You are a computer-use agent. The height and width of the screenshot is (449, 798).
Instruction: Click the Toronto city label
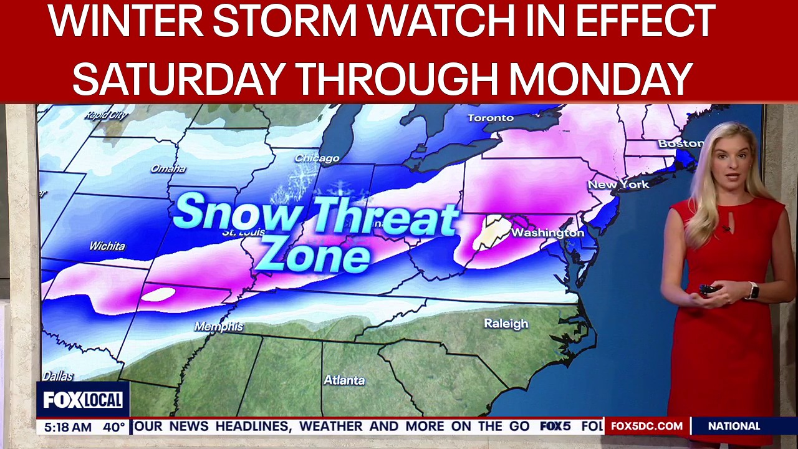coord(491,118)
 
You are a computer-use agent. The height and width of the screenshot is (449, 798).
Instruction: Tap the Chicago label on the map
coord(317,158)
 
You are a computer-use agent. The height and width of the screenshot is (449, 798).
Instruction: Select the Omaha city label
coord(168,168)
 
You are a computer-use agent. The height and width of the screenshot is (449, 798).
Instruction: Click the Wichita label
coord(107,246)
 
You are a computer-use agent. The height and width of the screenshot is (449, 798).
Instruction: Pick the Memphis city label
coord(218,327)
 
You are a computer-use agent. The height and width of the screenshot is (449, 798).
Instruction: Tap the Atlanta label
coord(344,380)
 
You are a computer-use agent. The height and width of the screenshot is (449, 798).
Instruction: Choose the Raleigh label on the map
coord(506,324)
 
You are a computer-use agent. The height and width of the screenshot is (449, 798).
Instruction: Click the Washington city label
coord(547,233)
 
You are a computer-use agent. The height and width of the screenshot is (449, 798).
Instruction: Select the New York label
coord(618,185)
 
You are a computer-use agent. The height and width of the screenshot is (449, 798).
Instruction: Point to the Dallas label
coord(57,377)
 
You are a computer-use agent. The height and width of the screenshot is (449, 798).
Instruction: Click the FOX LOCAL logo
coord(83,400)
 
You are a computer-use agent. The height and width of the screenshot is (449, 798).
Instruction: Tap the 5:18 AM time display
coord(65,427)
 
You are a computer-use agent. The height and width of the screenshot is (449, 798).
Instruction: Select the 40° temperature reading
coord(114,427)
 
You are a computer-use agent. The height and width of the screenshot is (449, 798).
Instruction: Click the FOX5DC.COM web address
coord(647,427)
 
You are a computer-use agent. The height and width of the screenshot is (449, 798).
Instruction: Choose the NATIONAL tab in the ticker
coord(734,427)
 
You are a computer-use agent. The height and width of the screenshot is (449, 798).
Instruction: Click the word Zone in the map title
coord(315,256)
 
